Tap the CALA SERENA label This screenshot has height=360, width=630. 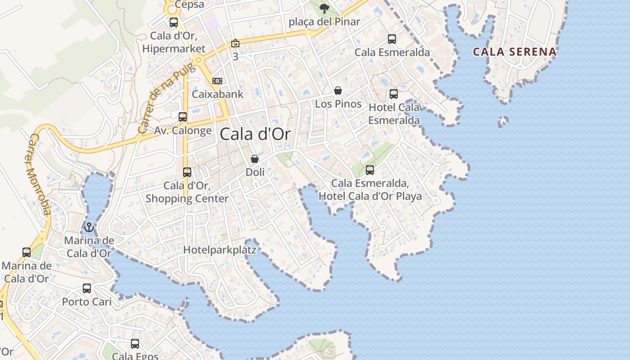[x=514, y=52]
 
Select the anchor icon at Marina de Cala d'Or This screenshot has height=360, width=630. [x=89, y=227]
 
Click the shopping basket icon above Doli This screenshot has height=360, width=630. [x=255, y=159]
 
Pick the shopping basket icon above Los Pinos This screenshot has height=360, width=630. [x=338, y=90]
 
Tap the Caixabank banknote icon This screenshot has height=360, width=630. [x=217, y=81]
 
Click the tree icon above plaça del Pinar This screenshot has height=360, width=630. [x=324, y=8]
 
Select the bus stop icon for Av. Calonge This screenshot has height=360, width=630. [x=183, y=117]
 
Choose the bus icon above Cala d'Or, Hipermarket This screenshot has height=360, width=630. [x=174, y=22]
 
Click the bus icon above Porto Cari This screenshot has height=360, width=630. [x=87, y=288]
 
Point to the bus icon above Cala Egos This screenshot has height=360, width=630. [x=135, y=344]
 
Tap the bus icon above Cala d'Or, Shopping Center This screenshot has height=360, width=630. [x=187, y=172]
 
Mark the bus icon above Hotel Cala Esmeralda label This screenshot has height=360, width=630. [x=394, y=94]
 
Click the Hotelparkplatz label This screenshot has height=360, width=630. [x=220, y=250]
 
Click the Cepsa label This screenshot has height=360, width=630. [x=189, y=4]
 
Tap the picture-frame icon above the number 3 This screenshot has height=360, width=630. [x=235, y=44]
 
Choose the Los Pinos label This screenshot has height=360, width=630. [x=338, y=104]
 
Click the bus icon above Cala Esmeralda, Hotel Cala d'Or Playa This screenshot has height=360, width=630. [x=370, y=170]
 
